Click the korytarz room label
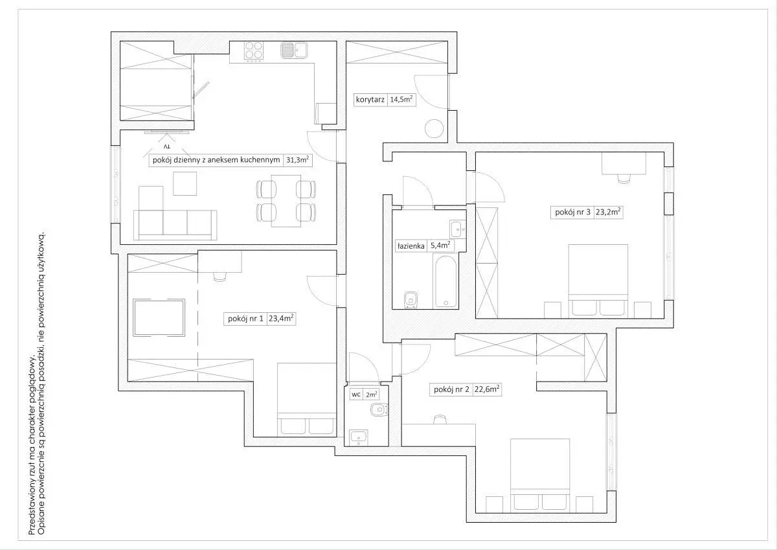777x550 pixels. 370,100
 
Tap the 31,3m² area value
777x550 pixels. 297,160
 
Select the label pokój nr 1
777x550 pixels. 245,319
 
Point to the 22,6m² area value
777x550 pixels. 487,389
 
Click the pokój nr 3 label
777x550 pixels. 572,212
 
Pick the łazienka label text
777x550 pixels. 411,246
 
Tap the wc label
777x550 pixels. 356,395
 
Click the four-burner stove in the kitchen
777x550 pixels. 254,51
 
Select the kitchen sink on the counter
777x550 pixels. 294,51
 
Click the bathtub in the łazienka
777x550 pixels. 445,282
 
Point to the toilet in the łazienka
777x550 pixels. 411,299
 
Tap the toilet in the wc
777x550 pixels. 379,409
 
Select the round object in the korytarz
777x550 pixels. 434,128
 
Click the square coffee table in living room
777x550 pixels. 185,183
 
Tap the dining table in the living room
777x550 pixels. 286,201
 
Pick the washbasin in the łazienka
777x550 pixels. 458,229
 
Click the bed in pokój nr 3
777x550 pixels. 598,281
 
